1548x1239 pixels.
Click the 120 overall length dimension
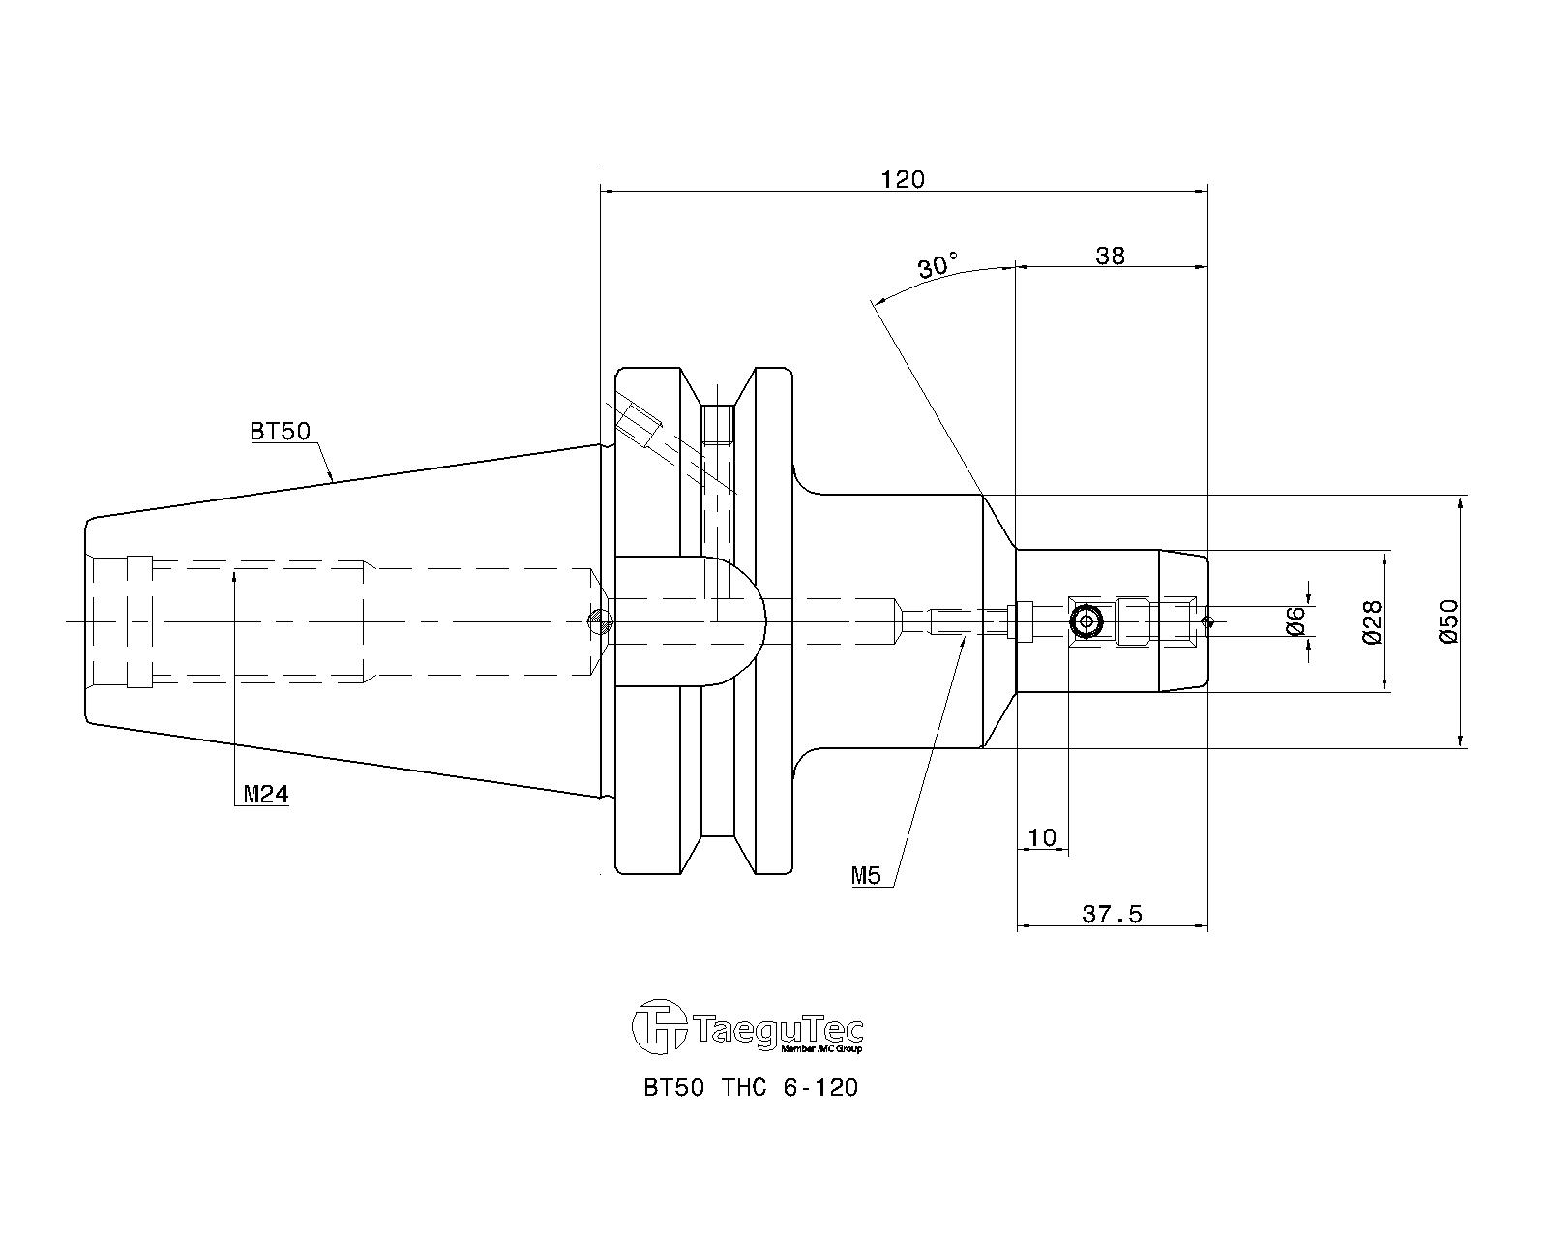[903, 178]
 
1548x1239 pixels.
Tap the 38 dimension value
[1110, 256]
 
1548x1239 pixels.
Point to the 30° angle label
[938, 265]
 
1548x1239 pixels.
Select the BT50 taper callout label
[280, 432]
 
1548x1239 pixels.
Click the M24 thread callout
[266, 794]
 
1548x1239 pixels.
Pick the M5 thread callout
[866, 875]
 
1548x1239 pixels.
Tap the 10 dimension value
[1042, 837]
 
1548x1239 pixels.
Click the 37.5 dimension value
[1112, 915]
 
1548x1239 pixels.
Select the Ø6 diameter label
[1295, 620]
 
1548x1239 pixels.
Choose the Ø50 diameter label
[1448, 621]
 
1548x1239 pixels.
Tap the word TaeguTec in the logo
[779, 1030]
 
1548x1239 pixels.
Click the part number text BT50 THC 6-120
[751, 1088]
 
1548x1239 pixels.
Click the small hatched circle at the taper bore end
[600, 620]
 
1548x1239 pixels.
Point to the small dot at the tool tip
[1207, 621]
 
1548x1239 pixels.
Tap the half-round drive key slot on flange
[691, 620]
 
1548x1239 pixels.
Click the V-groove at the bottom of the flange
[717, 855]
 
